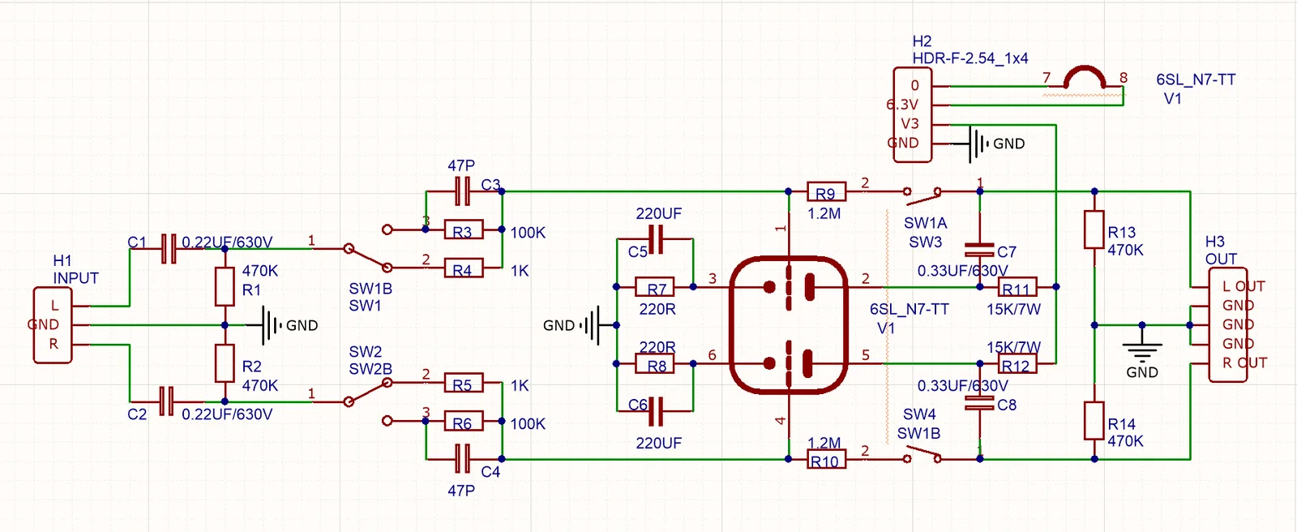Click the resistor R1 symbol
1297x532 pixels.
[225, 286]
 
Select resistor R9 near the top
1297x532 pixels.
[826, 192]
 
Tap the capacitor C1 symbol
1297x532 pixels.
[168, 248]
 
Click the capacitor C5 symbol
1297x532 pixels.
[656, 239]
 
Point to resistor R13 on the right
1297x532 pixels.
[1094, 230]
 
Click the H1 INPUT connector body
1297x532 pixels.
[52, 324]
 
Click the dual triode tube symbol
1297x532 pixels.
[789, 325]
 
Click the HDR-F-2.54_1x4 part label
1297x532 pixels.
[970, 58]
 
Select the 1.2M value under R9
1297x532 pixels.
[824, 214]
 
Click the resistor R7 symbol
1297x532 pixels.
[656, 287]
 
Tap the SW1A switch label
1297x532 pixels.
[925, 223]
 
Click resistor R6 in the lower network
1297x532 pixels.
[463, 421]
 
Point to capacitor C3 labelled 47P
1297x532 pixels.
[462, 191]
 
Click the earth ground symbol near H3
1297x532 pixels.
[1141, 349]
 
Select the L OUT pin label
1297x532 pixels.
[1243, 286]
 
